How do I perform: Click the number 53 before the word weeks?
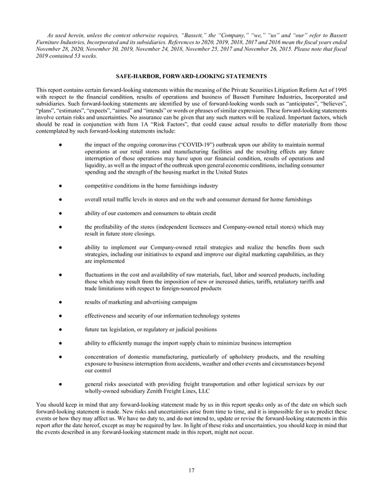pos(85,55)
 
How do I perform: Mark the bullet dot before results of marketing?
pos(58,301)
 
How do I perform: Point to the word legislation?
pos(124,329)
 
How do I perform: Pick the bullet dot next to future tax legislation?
pos(58,329)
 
